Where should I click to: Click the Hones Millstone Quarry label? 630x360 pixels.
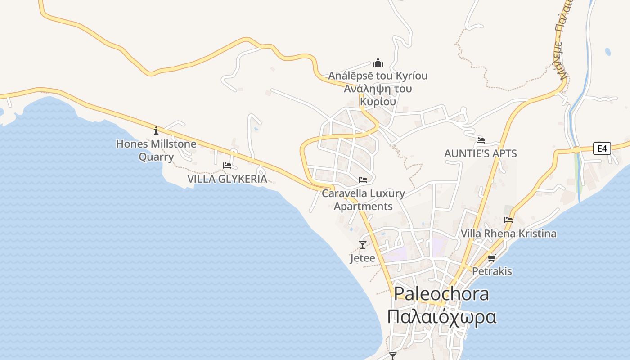point(156,150)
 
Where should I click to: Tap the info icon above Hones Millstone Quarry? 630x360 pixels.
point(156,130)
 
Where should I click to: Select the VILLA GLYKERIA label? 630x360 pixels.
point(227,179)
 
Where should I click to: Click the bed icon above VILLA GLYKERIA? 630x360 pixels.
point(227,166)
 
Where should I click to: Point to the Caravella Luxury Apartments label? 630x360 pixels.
point(363,200)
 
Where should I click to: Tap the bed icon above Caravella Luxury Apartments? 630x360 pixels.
point(363,180)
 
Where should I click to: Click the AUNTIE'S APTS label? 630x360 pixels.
point(480,153)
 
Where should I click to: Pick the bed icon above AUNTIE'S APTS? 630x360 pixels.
point(481,140)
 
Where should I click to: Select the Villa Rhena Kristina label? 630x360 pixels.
point(508,234)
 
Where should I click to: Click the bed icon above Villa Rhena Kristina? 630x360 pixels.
point(508,220)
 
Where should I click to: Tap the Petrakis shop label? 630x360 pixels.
point(492,271)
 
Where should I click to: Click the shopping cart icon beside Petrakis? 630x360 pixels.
point(491,258)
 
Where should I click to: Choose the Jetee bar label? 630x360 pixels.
point(362,258)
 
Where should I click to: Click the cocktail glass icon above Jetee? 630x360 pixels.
point(363,245)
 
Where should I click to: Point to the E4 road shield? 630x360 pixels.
point(602,148)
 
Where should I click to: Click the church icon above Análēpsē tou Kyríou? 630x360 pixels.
point(378,62)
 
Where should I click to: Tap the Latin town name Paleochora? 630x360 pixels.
point(441,294)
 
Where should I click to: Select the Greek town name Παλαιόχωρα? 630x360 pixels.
point(442,316)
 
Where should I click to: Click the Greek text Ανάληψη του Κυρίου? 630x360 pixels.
point(378,95)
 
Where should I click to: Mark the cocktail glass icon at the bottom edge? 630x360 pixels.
point(393,356)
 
